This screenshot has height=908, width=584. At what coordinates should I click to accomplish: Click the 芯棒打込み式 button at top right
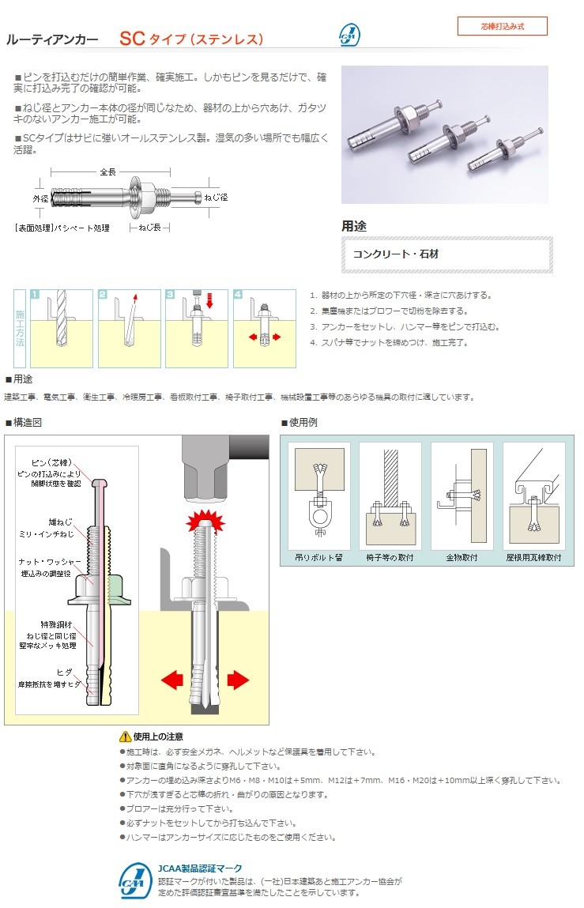502,26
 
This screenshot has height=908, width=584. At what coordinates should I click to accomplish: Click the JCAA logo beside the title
349,36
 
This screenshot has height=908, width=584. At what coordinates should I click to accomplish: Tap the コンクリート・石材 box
446,254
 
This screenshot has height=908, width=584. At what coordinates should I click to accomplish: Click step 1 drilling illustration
61,328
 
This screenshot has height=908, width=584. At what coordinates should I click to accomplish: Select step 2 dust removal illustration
129,328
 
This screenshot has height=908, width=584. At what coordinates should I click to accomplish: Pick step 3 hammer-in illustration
197,328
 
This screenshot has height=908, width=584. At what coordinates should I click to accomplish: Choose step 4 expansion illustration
265,328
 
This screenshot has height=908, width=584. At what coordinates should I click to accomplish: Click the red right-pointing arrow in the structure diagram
237,679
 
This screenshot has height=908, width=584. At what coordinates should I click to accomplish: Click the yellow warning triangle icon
125,737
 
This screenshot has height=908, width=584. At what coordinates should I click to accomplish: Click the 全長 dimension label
108,171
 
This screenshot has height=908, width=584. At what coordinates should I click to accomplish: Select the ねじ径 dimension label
216,197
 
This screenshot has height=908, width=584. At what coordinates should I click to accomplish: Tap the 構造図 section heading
27,423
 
